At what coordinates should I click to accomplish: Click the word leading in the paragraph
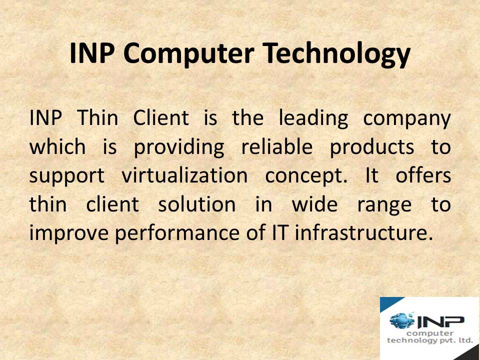(313, 119)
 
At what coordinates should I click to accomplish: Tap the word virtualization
(184, 176)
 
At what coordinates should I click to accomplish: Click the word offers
(423, 176)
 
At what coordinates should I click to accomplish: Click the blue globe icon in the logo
(403, 320)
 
